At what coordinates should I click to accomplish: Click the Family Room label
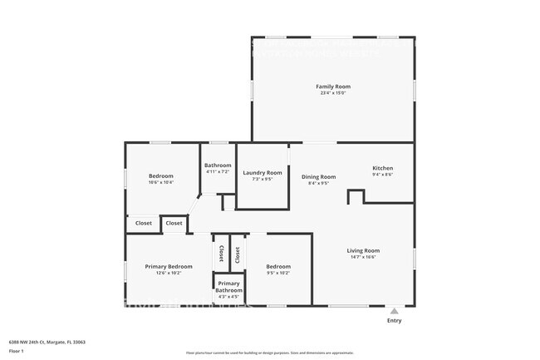click(x=332, y=86)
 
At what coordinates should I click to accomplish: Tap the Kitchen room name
click(x=382, y=168)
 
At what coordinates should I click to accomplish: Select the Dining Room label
click(x=318, y=176)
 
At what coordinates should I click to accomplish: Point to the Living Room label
click(x=363, y=250)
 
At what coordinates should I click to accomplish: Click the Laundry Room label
click(x=262, y=173)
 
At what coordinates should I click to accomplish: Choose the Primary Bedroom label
click(x=169, y=266)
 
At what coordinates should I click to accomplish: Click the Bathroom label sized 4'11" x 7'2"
click(x=218, y=165)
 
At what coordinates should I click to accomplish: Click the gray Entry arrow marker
click(x=394, y=311)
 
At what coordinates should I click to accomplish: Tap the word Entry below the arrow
click(x=394, y=320)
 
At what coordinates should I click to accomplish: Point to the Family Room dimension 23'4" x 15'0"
click(x=332, y=93)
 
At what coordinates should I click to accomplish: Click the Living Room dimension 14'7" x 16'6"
click(x=363, y=257)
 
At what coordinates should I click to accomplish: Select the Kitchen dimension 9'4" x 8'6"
click(x=382, y=175)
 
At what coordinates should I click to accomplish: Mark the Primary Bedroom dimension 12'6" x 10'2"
click(x=169, y=273)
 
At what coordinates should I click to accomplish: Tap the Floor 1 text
click(x=17, y=351)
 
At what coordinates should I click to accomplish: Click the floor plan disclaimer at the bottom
click(x=270, y=353)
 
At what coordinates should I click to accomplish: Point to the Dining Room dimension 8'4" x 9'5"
click(x=318, y=183)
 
